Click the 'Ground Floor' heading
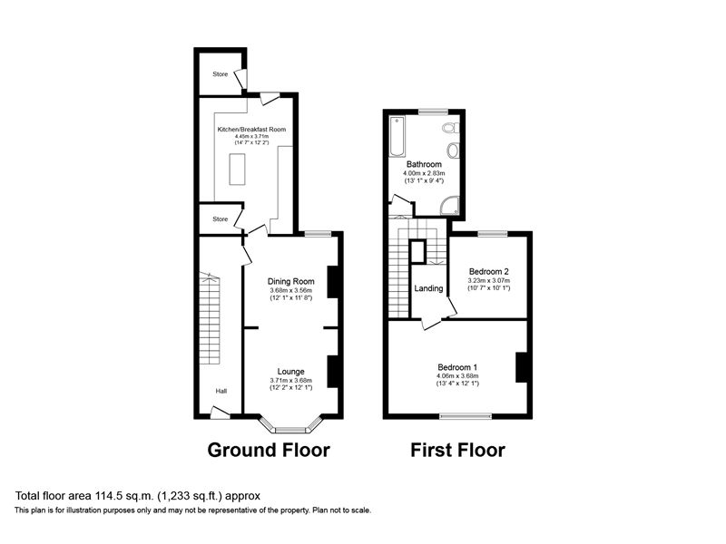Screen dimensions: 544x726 coord(269,450)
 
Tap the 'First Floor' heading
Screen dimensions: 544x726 coord(457,450)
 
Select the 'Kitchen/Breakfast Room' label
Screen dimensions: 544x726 coord(251,130)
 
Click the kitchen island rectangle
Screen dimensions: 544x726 coord(240,169)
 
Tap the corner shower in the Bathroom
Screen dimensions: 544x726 coord(451,207)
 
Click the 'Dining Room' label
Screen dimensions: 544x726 coord(290,281)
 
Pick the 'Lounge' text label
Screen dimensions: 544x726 coord(290,371)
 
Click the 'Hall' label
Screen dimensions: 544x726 coord(221,392)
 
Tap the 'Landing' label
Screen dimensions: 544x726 coord(428,289)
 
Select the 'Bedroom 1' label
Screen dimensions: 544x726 coord(457,367)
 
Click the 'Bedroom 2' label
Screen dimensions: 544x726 coord(488,271)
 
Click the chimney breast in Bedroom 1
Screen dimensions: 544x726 coord(521,367)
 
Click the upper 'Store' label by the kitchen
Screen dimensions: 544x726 coord(220,74)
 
